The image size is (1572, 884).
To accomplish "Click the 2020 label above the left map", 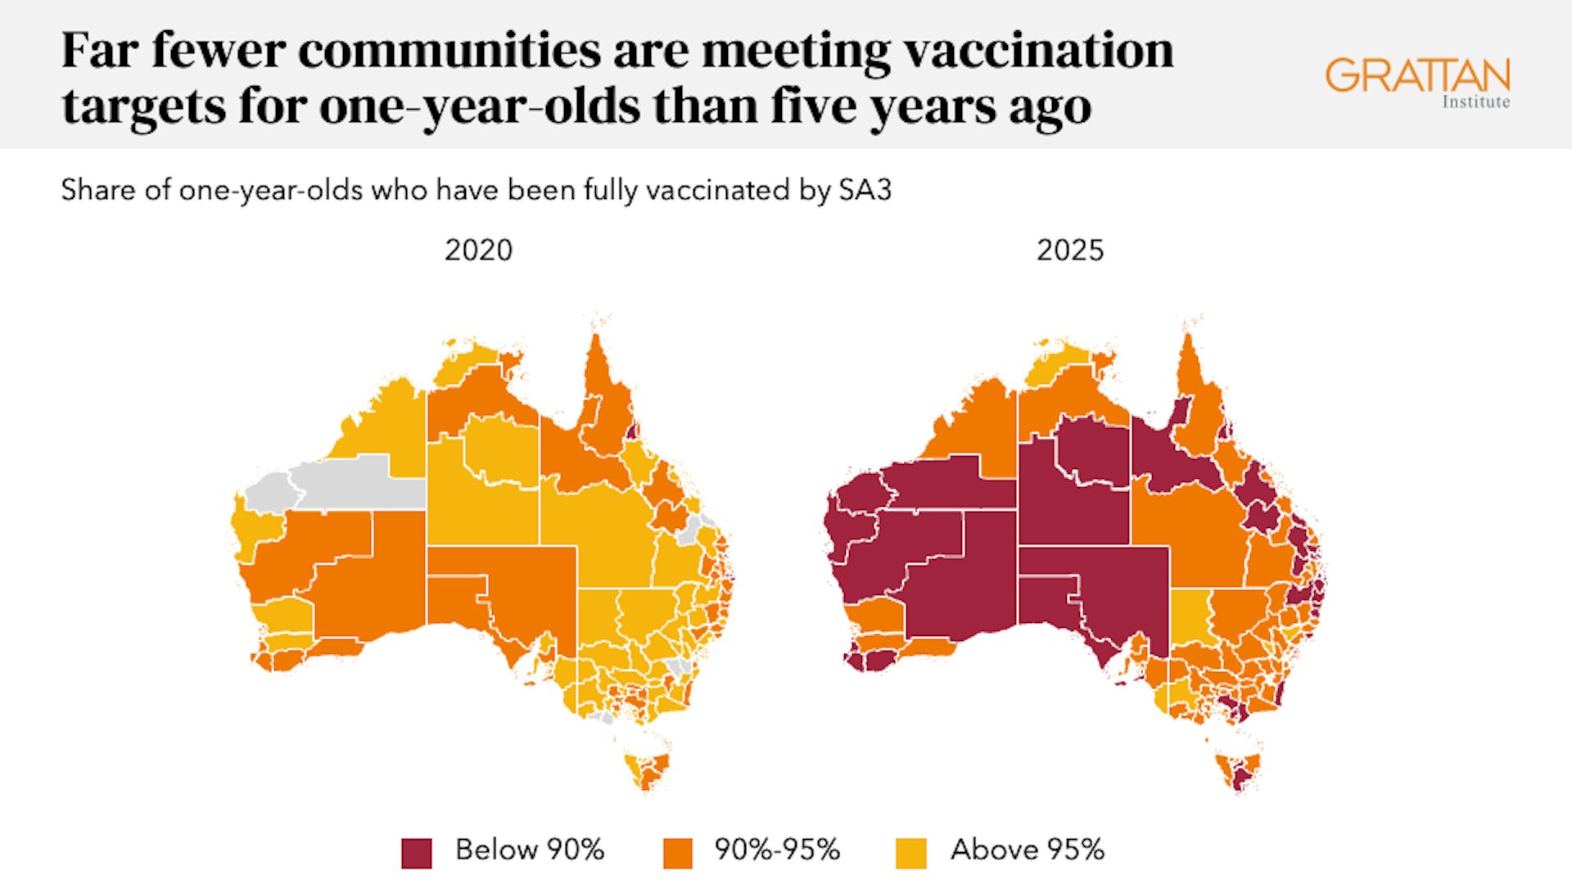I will point(478,250).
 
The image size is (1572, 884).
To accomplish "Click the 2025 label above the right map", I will point(1069,250).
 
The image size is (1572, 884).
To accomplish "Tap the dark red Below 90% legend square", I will point(416,852).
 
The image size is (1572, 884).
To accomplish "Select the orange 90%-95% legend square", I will point(677,852).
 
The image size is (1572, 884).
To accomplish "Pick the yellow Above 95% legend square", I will point(910,852).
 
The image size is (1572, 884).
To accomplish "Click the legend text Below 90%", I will point(529,850).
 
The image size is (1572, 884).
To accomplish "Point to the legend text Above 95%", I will point(1027,850).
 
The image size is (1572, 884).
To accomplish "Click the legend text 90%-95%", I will point(777,850).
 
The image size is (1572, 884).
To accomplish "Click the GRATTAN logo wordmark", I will point(1417,75).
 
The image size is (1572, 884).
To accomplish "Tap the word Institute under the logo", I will point(1475,102).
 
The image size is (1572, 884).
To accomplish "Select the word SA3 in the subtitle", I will point(865,190).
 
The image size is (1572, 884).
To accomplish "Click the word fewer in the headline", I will point(219,51).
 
